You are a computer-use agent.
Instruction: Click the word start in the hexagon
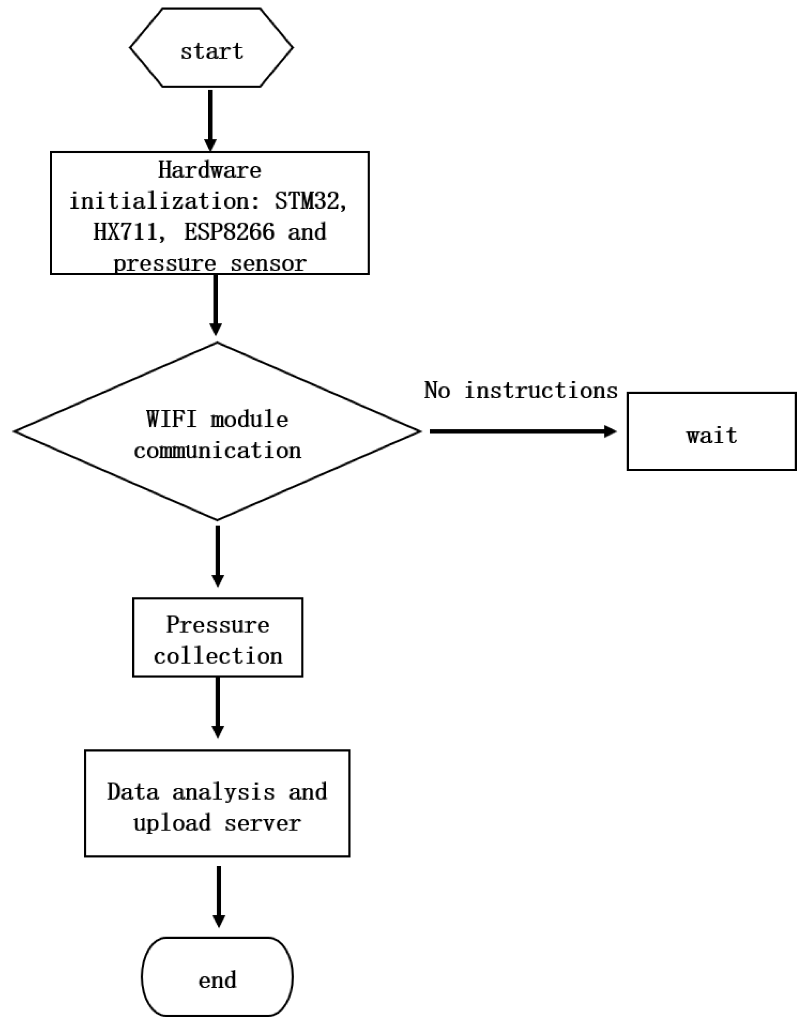tap(211, 51)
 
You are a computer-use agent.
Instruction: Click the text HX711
tap(125, 232)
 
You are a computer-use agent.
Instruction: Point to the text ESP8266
tap(229, 232)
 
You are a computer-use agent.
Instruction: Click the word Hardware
tap(209, 170)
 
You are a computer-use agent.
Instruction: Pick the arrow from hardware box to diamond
tap(216, 304)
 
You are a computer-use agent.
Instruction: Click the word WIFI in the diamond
tap(171, 419)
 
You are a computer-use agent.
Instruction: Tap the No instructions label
tap(520, 391)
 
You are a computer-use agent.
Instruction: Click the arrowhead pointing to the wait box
tap(610, 431)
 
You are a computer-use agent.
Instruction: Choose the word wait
tap(712, 435)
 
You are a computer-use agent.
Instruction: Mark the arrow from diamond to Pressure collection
tap(217, 556)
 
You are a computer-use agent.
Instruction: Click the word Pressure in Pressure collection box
tap(217, 625)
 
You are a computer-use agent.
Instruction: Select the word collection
tap(217, 656)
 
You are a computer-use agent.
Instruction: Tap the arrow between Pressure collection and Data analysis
tap(217, 707)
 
